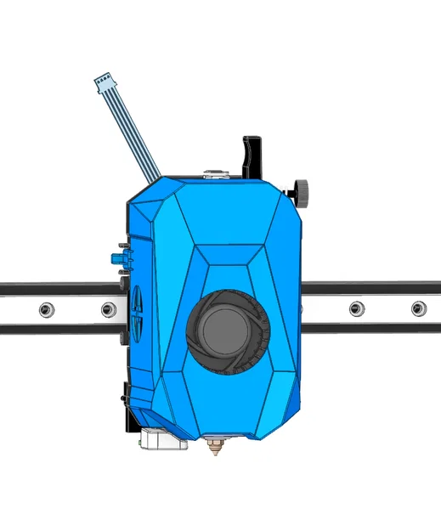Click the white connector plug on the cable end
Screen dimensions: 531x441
click(x=105, y=82)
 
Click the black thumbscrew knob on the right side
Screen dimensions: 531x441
click(x=301, y=191)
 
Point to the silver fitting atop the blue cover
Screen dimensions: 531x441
click(x=215, y=175)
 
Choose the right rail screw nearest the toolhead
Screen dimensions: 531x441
click(x=355, y=308)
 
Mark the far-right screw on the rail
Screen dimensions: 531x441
click(x=417, y=308)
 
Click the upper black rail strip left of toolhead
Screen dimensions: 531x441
click(x=55, y=289)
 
